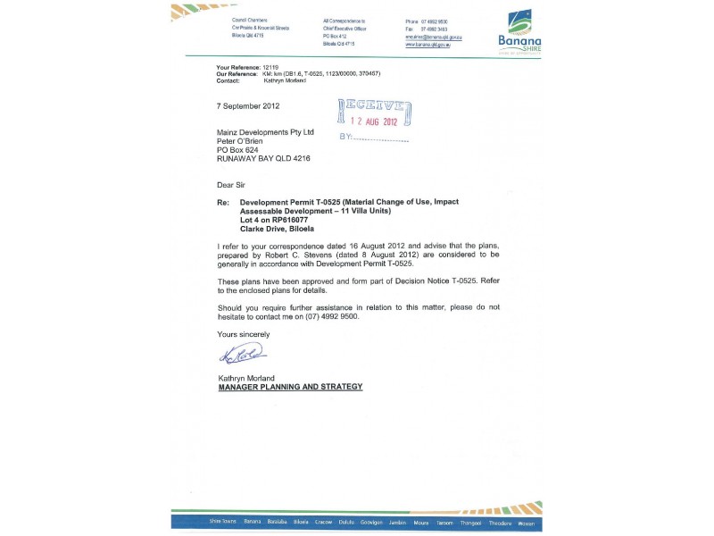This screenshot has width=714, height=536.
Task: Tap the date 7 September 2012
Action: point(249,105)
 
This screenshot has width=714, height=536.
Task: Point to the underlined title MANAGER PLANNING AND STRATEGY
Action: point(291,387)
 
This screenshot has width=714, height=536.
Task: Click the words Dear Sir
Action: point(230,185)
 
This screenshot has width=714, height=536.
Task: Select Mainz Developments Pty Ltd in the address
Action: point(266,132)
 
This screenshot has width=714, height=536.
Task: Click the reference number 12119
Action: point(270,67)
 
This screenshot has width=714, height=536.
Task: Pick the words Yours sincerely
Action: point(244,334)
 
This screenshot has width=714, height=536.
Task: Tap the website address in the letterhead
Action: point(428,45)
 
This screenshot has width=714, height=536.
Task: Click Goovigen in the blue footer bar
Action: point(372,523)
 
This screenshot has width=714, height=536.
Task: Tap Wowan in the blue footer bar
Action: point(527,523)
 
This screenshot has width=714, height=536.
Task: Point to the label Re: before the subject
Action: point(223,202)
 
